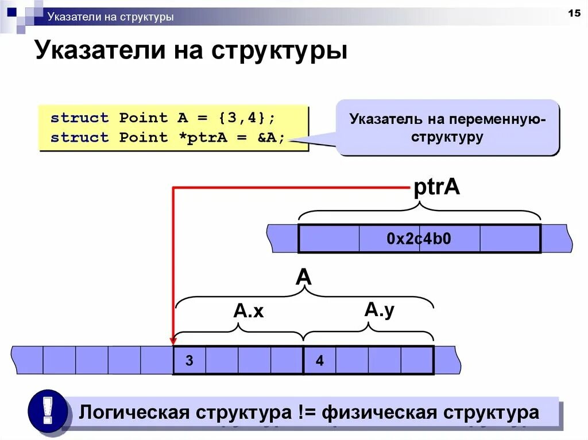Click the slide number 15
click(x=574, y=13)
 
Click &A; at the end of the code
click(x=267, y=138)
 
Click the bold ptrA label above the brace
click(x=437, y=188)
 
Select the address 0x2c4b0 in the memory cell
click(x=419, y=239)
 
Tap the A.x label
click(x=248, y=311)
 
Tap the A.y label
click(x=380, y=310)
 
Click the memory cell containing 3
click(x=189, y=361)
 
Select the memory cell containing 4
click(x=319, y=361)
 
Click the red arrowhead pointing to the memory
click(x=173, y=341)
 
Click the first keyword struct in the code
click(x=79, y=118)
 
